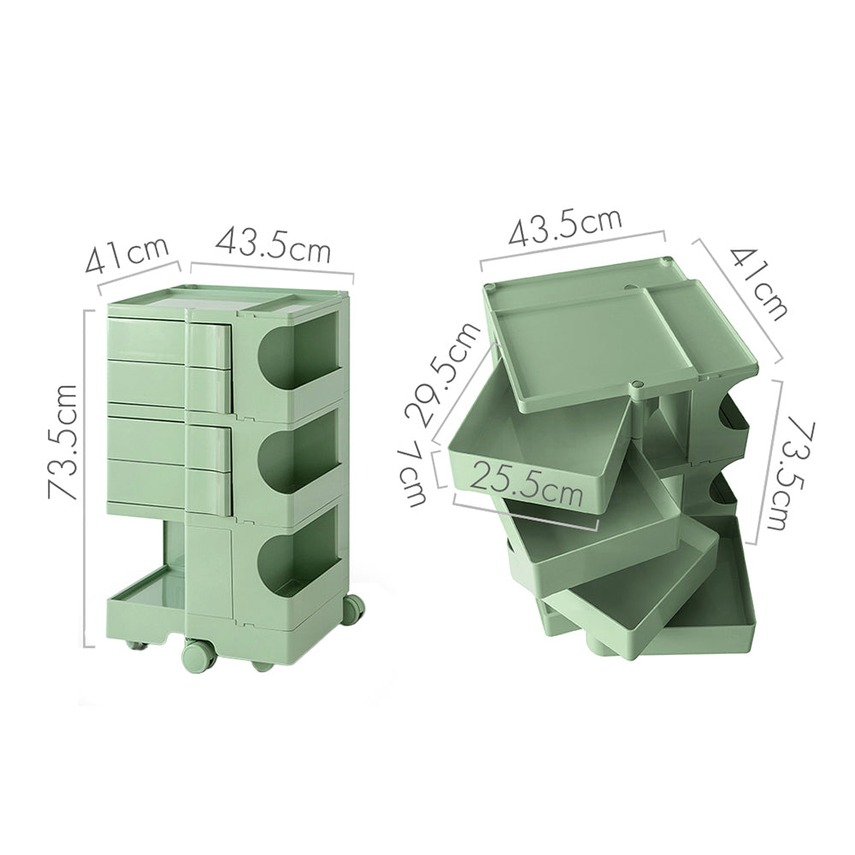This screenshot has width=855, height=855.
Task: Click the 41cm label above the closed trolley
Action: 127,254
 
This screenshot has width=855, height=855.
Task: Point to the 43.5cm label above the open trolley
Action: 565,227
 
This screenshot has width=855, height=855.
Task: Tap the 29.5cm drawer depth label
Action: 438,376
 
